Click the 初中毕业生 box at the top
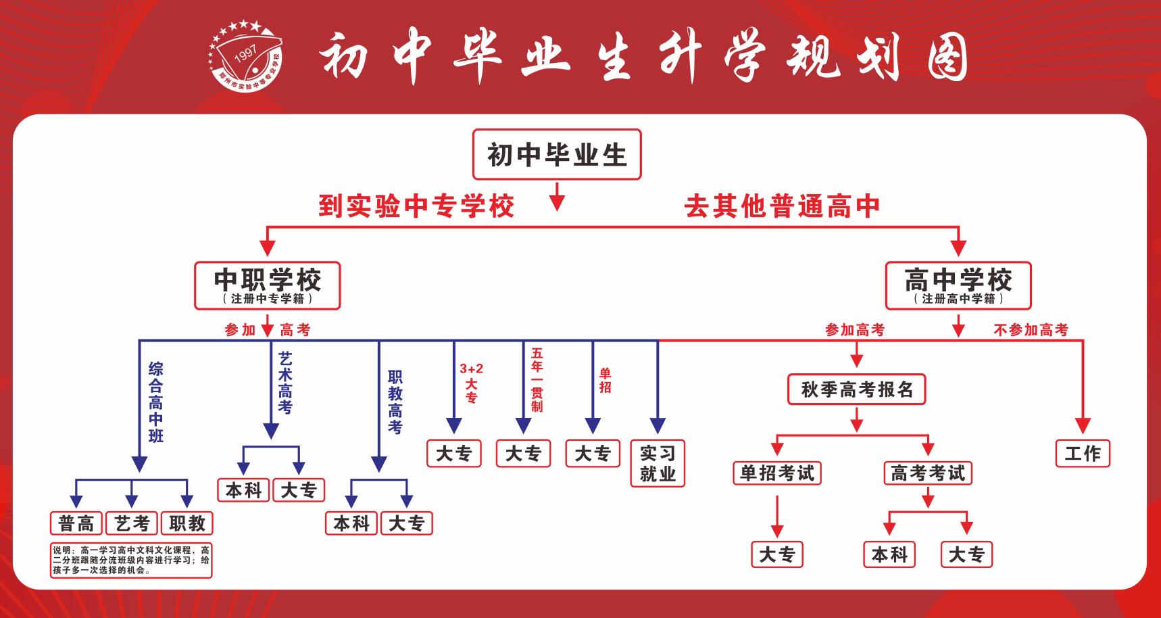coord(556,155)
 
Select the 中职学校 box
coord(268,285)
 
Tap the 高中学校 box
coord(958,285)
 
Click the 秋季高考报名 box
coord(856,389)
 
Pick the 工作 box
coord(1083,453)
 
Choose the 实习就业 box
coord(658,463)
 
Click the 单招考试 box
coord(777,473)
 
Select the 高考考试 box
coord(928,473)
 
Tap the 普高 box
coord(76,523)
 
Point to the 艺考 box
coord(132,523)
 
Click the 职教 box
coord(187,523)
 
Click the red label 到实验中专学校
coord(416,206)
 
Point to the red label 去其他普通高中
coord(782,206)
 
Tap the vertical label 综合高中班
coord(156,402)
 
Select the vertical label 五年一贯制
coord(537,380)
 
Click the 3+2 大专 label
coord(471,383)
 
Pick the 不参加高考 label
coord(1031,330)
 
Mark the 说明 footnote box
coord(131,560)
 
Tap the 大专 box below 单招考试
coord(777,555)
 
